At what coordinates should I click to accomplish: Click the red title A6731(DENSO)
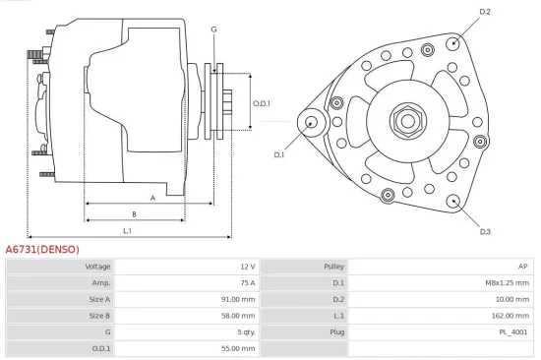42,249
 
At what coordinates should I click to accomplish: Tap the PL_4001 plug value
513,332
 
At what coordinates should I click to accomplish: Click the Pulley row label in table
332,267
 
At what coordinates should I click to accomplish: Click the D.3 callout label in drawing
485,231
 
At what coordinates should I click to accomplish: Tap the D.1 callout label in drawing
278,154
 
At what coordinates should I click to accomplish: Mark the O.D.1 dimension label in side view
261,103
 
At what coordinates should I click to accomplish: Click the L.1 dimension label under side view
128,230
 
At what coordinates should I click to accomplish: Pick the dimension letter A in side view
151,198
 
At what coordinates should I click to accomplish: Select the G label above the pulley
213,29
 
